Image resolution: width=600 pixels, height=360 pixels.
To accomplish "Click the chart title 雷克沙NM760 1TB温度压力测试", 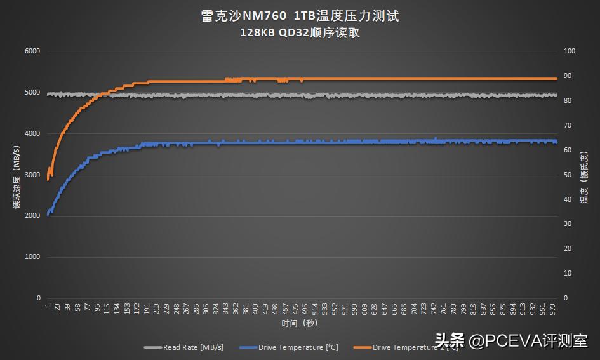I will (x=300, y=16).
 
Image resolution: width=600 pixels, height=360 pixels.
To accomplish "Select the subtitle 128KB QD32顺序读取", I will (x=300, y=33).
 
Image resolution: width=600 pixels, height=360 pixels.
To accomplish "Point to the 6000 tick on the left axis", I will (x=32, y=51).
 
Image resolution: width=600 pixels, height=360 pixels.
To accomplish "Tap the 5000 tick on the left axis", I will (x=32, y=93).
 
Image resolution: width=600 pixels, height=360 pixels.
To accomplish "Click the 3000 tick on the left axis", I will (x=32, y=175).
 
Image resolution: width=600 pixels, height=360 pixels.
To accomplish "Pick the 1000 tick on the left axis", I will (x=32, y=257).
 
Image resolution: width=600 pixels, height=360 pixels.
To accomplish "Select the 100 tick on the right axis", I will (x=570, y=51).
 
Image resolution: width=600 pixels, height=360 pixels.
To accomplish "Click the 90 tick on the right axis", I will (x=568, y=76).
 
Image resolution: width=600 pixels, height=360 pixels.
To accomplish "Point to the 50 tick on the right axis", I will (x=568, y=175).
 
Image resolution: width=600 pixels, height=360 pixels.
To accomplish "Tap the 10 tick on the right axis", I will (x=568, y=273).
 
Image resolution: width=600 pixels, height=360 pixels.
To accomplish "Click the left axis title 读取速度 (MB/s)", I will (x=16, y=175).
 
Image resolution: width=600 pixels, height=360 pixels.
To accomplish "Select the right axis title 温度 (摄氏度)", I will (x=583, y=175).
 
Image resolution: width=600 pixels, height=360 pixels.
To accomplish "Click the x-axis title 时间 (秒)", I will (x=300, y=323).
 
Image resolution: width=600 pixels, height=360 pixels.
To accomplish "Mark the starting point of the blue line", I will (x=48, y=215).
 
